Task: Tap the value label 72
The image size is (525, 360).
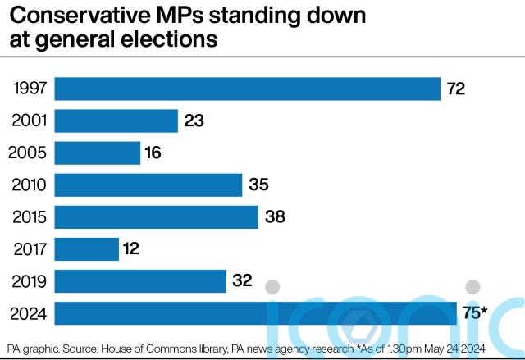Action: coord(456,89)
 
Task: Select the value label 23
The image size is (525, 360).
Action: coord(194,121)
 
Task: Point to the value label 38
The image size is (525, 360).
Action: coord(274,216)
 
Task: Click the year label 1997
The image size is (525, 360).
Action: coord(30,89)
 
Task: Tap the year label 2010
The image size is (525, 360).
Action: coord(28,185)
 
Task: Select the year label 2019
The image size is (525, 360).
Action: coord(28,280)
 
